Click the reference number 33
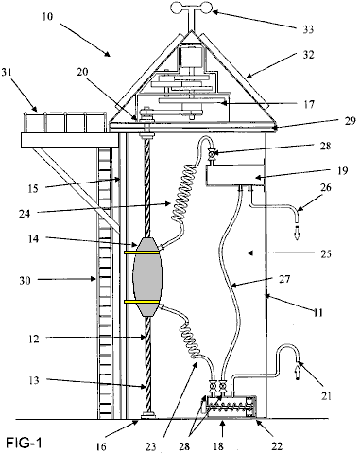308,29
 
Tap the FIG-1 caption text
24,443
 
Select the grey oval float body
147,277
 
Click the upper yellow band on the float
142,253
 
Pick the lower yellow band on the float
142,302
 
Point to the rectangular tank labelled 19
234,176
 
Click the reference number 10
47,16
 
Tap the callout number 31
7,72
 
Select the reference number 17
309,104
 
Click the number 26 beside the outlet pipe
326,187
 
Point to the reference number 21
326,395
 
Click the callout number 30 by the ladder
26,280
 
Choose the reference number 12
33,340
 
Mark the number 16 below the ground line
101,446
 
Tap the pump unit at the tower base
230,407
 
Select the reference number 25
326,253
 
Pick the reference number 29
350,121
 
